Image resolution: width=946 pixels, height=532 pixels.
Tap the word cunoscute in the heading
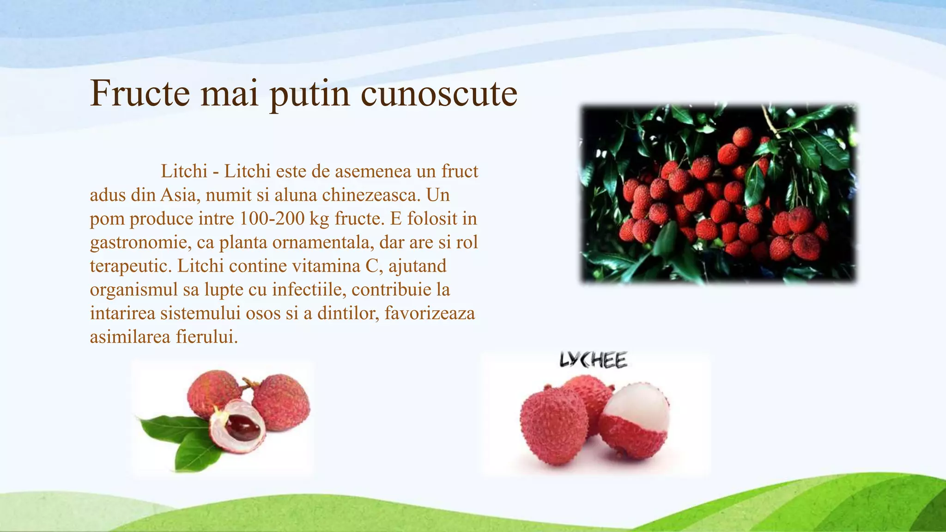tap(438, 93)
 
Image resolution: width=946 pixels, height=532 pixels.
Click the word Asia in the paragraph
tap(178, 195)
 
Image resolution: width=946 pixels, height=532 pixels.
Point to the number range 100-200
tap(272, 219)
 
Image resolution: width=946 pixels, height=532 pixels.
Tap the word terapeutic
tap(131, 266)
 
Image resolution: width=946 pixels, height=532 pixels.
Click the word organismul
tap(134, 290)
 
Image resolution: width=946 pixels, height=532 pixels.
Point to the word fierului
tap(206, 337)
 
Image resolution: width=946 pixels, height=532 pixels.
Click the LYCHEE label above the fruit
tap(594, 360)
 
